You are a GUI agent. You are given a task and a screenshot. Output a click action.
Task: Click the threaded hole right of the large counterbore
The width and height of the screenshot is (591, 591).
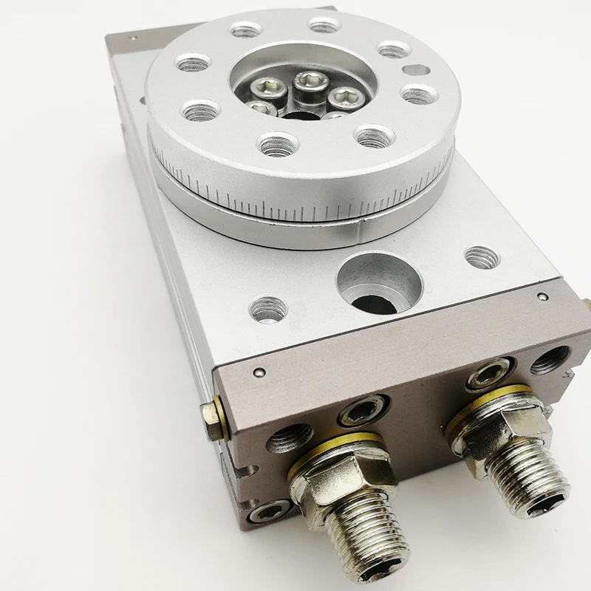pyautogui.click(x=482, y=257)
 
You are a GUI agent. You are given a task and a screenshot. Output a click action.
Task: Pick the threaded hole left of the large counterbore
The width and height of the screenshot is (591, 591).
pyautogui.click(x=268, y=308)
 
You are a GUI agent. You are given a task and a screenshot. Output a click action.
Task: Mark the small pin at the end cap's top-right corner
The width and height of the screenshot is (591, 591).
pyautogui.click(x=542, y=297)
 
